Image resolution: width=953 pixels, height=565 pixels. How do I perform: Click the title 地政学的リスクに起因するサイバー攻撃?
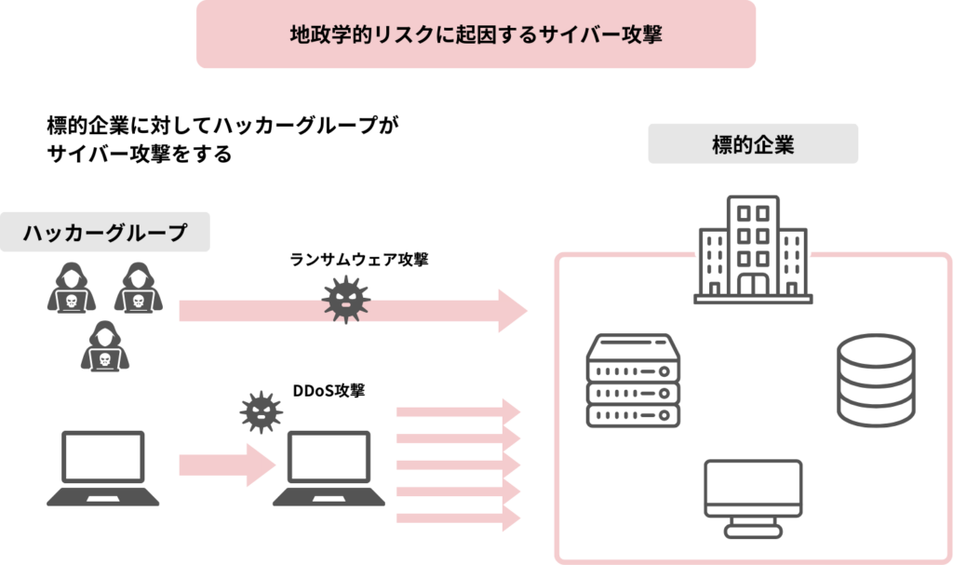[476, 34]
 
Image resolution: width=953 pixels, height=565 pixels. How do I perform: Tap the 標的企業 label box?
[752, 145]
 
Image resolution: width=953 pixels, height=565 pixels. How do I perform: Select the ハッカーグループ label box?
[104, 233]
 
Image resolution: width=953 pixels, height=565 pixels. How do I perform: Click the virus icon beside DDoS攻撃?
[261, 411]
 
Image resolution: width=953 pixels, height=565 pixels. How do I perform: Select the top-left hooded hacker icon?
[71, 288]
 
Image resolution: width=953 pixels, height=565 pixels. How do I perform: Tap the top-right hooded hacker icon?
[139, 288]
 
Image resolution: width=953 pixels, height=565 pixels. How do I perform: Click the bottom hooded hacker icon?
[104, 346]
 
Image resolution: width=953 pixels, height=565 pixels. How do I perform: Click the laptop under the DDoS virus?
[329, 468]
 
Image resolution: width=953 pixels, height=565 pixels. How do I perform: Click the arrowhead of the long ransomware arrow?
[512, 311]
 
